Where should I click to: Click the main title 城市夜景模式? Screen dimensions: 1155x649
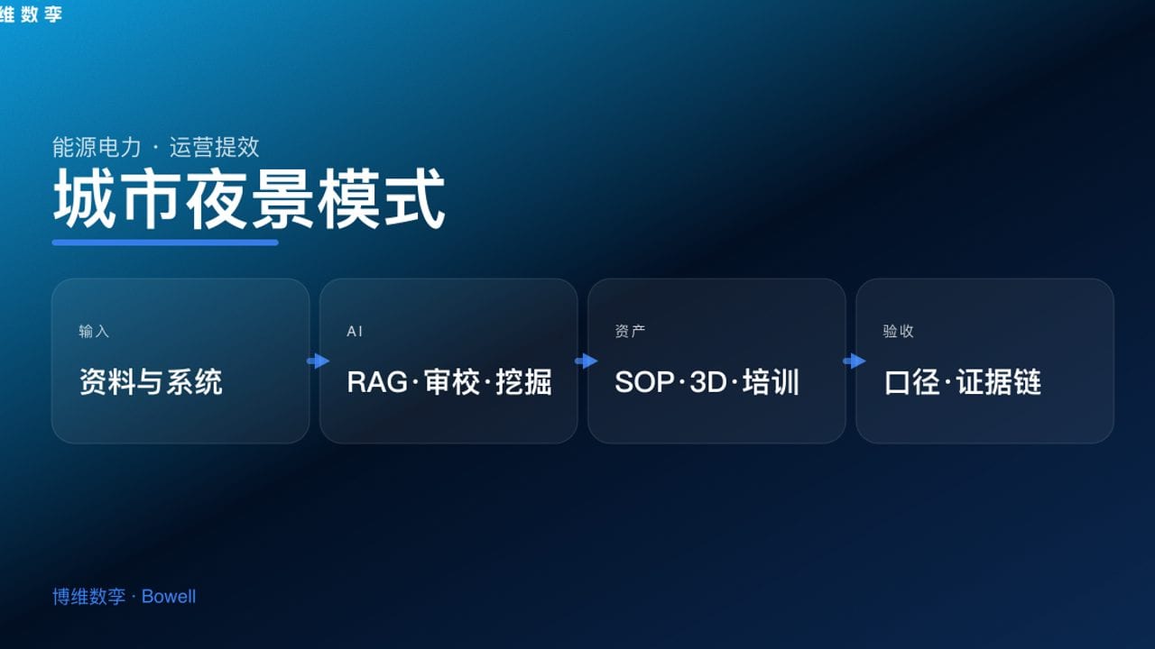(249, 198)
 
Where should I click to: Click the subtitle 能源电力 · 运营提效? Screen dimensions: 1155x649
(156, 147)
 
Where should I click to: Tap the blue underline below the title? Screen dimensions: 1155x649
(165, 242)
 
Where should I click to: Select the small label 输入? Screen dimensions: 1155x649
(94, 331)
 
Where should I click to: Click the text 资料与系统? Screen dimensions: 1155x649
(151, 381)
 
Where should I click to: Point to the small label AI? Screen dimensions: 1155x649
(355, 331)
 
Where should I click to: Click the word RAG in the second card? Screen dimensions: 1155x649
(377, 382)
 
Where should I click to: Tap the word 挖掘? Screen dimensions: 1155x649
(524, 381)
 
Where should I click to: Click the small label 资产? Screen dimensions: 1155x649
(630, 331)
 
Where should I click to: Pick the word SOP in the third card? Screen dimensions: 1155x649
(644, 382)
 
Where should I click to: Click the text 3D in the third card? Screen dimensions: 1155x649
(708, 382)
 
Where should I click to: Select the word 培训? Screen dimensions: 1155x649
(771, 381)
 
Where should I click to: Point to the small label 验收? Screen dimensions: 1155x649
(898, 331)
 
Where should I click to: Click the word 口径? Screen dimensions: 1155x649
(911, 381)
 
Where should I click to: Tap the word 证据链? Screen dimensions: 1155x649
(999, 381)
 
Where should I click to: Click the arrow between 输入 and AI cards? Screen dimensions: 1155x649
(318, 361)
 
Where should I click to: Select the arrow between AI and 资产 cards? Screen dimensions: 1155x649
(587, 361)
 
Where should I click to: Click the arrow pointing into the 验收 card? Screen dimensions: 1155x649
(855, 361)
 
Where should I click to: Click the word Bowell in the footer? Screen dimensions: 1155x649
(169, 597)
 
